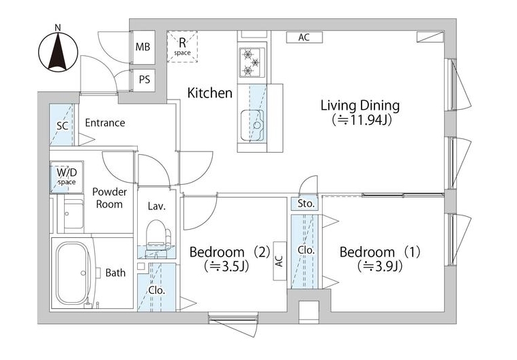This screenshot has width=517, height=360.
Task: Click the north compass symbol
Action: (58, 52)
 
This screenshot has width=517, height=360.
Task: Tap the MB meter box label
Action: (143, 47)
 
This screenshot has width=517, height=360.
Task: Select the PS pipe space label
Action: (144, 80)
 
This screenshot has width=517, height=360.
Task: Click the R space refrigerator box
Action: (182, 46)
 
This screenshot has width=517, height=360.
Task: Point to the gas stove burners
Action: (252, 61)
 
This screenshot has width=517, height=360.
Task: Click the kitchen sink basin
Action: (252, 125)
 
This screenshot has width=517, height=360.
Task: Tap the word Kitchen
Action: (209, 93)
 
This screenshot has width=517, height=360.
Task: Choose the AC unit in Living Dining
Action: (304, 37)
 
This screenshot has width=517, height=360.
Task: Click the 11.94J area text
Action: (361, 120)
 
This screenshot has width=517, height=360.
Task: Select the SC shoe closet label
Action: (62, 125)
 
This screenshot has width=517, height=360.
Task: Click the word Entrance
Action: (105, 123)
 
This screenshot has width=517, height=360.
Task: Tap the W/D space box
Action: (67, 177)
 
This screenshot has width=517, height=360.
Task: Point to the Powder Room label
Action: (109, 198)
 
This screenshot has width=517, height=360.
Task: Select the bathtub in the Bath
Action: (73, 273)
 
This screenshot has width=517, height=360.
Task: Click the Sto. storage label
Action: (306, 204)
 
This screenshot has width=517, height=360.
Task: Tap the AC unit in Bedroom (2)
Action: (280, 261)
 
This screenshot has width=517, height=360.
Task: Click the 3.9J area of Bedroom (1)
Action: (380, 266)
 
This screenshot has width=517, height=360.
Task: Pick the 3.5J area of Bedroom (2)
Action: (226, 266)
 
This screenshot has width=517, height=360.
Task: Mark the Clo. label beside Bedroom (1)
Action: (306, 250)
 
